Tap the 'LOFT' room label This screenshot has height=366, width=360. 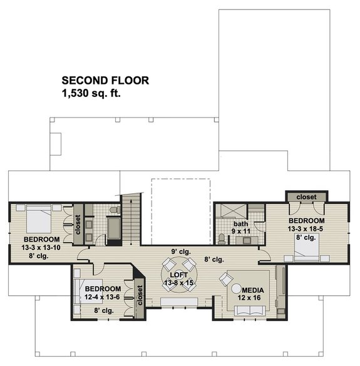(x=180, y=274)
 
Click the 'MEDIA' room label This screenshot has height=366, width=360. (x=252, y=290)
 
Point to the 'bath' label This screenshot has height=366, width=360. (x=241, y=223)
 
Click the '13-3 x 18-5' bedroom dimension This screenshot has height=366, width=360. (x=306, y=229)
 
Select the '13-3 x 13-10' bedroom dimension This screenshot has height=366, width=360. (x=33, y=248)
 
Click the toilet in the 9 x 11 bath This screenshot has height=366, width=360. (x=221, y=238)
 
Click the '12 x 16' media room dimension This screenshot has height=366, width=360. (x=253, y=299)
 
